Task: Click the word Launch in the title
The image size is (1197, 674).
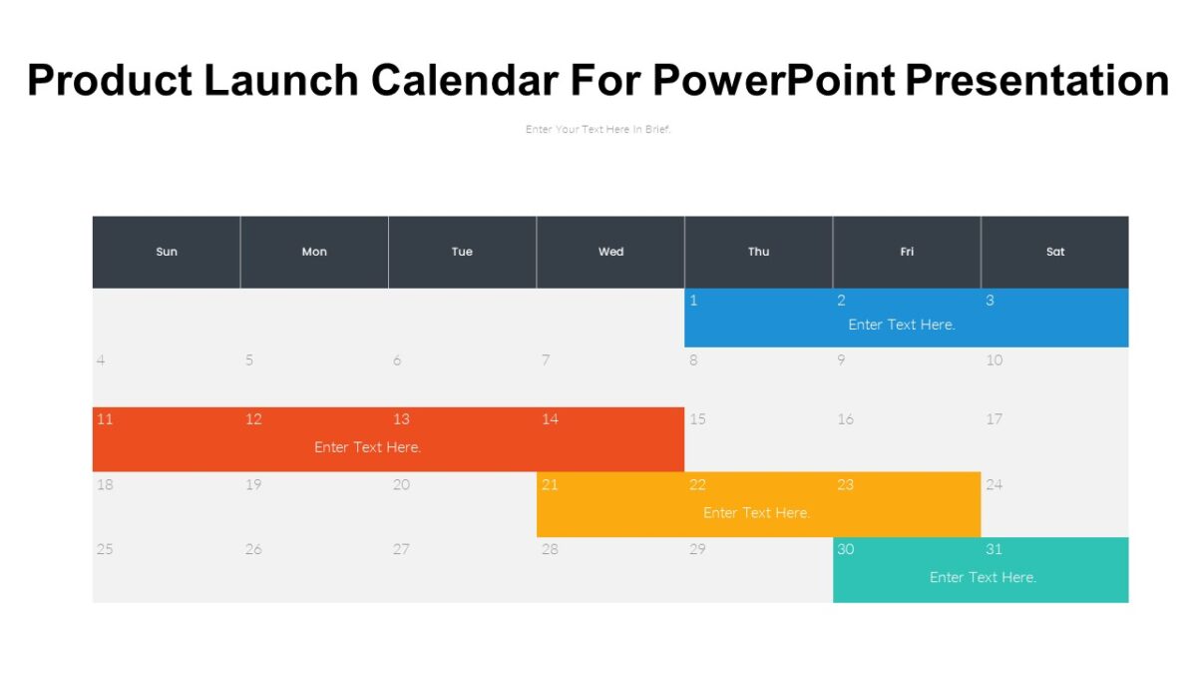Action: (282, 81)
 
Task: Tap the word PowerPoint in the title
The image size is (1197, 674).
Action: (774, 81)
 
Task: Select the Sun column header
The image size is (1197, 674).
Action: (167, 252)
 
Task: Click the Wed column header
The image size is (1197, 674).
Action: (611, 252)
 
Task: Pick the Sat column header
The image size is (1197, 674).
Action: (1055, 252)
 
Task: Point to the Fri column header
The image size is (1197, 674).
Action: (907, 252)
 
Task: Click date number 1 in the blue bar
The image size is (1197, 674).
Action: (693, 301)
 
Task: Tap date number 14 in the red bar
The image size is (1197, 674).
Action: (551, 419)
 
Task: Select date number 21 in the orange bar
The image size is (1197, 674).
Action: (550, 485)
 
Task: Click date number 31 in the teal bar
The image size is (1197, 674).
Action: (994, 549)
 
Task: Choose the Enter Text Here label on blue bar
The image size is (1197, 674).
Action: (902, 325)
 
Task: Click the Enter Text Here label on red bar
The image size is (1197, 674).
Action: (368, 447)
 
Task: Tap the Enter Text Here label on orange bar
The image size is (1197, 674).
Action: (757, 513)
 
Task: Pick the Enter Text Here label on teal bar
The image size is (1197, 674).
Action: (983, 577)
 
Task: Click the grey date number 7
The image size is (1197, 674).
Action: (546, 360)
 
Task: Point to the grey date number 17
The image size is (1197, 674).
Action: (994, 419)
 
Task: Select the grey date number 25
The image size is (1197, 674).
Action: (105, 549)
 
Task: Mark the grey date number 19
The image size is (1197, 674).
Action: (253, 485)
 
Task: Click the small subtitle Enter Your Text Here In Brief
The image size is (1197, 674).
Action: (598, 129)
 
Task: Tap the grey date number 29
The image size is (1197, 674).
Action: (698, 549)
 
